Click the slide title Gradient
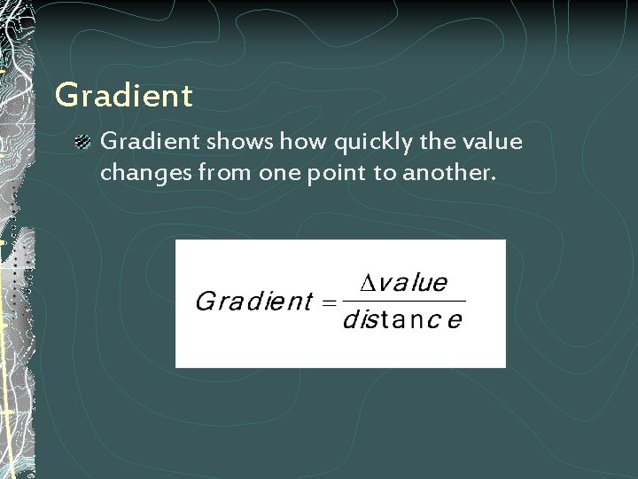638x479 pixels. [123, 96]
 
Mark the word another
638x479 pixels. [447, 173]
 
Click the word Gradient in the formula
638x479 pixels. [253, 302]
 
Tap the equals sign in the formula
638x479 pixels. [327, 302]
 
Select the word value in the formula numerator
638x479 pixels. [414, 283]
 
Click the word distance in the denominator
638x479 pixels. [401, 320]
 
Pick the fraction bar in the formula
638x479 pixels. [402, 302]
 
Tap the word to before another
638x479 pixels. [385, 173]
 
